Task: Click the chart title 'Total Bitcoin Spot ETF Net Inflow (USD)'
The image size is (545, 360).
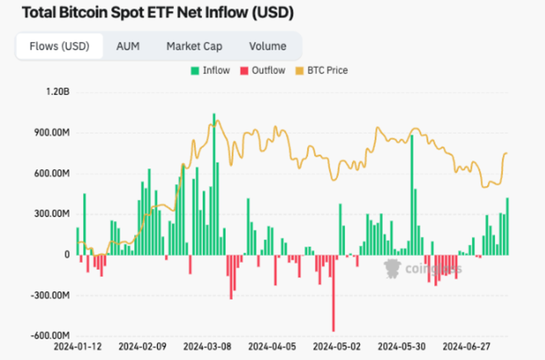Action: [x=158, y=13]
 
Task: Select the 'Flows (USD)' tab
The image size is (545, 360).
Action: [x=59, y=46]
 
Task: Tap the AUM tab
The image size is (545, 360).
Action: [x=128, y=46]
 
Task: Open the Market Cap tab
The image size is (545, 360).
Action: [x=194, y=46]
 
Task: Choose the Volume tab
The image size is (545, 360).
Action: [x=268, y=46]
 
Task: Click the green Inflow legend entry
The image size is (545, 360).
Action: [x=210, y=70]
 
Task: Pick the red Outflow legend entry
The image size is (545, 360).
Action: [x=263, y=70]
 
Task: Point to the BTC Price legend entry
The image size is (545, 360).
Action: [x=322, y=70]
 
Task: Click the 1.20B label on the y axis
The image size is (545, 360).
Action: [x=58, y=92]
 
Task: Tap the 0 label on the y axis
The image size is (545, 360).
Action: [x=67, y=255]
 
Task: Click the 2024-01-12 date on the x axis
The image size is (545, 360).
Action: [x=78, y=347]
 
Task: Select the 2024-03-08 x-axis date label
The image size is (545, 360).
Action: [x=207, y=347]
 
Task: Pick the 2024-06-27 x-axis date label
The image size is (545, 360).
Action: [x=467, y=347]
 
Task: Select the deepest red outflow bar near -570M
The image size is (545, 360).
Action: [x=333, y=293]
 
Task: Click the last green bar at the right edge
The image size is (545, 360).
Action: [x=507, y=226]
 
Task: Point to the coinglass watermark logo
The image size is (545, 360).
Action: [x=422, y=269]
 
